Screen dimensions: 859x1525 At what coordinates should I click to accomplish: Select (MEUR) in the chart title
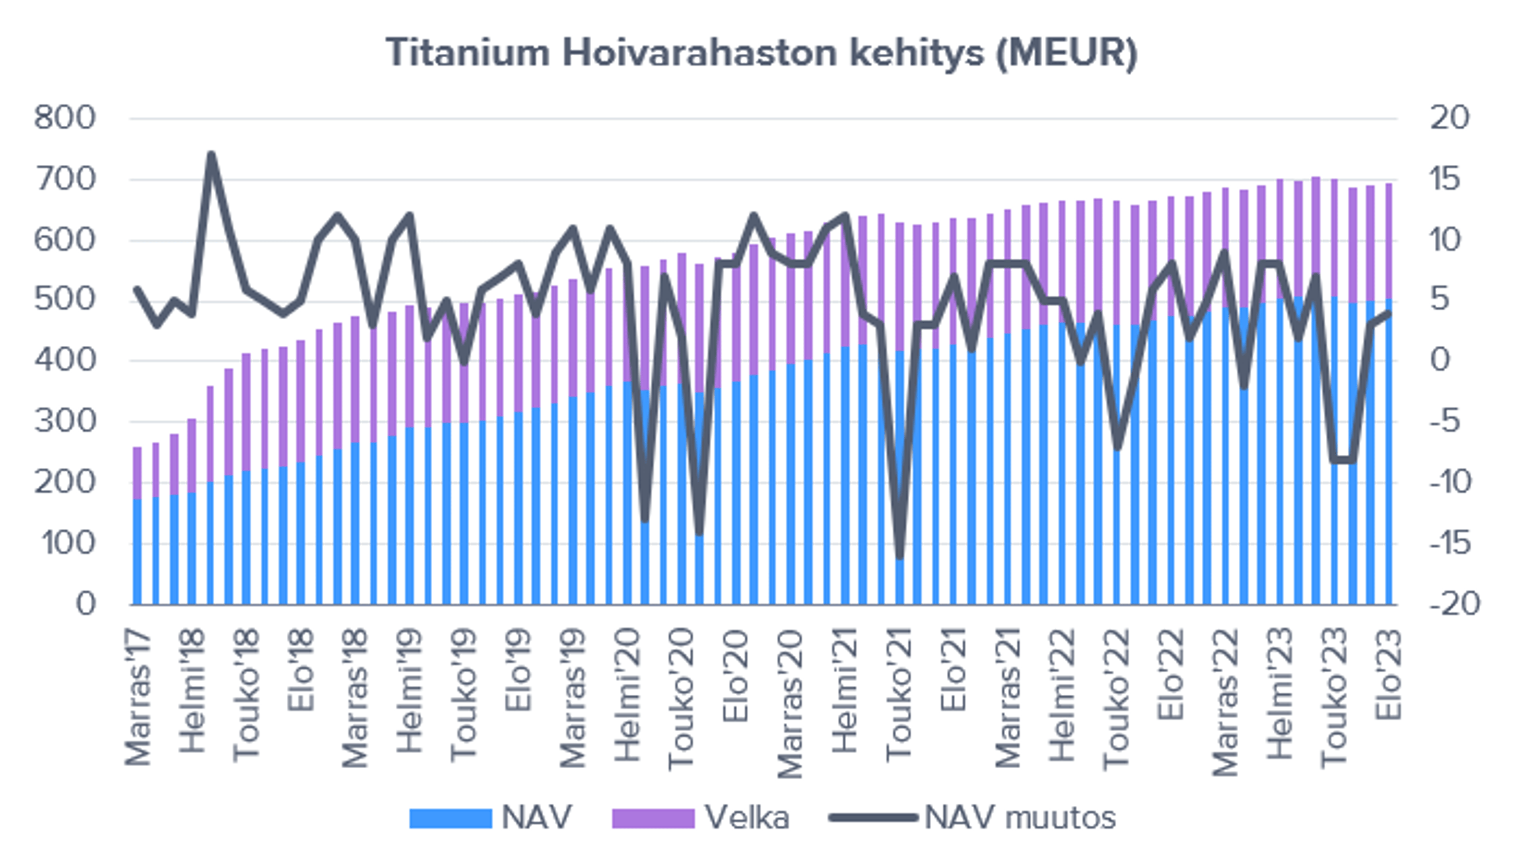[x=1066, y=53]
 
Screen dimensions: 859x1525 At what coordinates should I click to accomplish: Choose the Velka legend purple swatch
[x=653, y=818]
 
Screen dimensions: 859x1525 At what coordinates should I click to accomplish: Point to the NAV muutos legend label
[x=1020, y=818]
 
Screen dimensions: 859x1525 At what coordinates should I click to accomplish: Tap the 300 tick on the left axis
[x=64, y=422]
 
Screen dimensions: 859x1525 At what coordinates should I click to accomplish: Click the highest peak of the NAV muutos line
[x=211, y=155]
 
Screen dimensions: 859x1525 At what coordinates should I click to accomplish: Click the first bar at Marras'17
[x=137, y=533]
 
